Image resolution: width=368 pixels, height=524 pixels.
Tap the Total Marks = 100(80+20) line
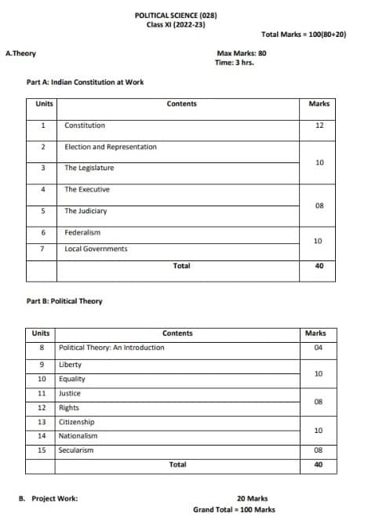click(304, 35)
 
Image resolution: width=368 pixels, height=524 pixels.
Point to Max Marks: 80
click(241, 53)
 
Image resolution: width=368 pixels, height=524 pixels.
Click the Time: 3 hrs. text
click(233, 63)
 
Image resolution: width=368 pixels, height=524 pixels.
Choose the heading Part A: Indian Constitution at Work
click(85, 82)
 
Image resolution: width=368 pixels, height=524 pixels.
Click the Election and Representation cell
click(111, 147)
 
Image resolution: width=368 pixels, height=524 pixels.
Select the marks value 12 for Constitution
click(319, 126)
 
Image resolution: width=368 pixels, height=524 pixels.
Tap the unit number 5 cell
click(43, 211)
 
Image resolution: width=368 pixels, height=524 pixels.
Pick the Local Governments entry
click(96, 249)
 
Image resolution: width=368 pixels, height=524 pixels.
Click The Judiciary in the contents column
click(86, 211)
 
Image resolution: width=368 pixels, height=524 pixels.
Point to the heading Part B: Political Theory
click(64, 301)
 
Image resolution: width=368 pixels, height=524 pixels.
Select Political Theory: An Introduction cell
click(112, 347)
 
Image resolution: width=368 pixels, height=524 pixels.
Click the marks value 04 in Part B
click(319, 347)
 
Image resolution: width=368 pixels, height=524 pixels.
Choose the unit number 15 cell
click(41, 450)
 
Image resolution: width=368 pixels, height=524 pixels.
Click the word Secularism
click(76, 450)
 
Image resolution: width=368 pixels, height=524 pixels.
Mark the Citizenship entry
click(77, 421)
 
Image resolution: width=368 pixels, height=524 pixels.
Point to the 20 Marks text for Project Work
click(252, 498)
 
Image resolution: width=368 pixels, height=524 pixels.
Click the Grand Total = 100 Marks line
click(234, 510)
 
